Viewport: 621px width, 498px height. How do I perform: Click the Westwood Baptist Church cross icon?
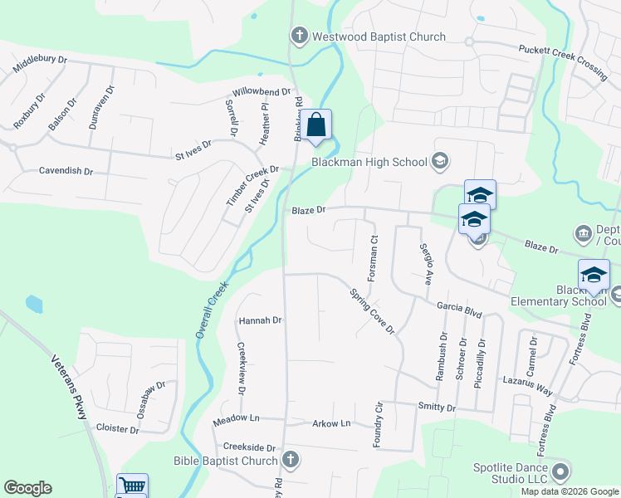click(x=299, y=37)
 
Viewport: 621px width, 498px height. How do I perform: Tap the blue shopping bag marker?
click(x=316, y=125)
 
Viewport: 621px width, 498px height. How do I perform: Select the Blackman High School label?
click(x=369, y=162)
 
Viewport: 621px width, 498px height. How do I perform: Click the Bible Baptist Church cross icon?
click(x=290, y=460)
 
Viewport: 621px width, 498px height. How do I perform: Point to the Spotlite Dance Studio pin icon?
click(x=560, y=471)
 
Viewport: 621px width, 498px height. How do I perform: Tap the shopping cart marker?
click(x=132, y=486)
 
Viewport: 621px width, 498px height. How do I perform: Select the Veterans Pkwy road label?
click(x=70, y=386)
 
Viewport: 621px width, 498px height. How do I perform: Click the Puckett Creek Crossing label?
click(x=563, y=62)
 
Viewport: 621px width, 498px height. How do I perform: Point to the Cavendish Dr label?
click(x=66, y=171)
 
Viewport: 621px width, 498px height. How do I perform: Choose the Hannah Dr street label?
click(x=261, y=320)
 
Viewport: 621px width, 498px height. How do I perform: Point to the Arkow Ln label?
click(x=331, y=424)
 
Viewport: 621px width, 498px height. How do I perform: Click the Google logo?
click(x=27, y=488)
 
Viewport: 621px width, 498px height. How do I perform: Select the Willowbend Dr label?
click(x=262, y=92)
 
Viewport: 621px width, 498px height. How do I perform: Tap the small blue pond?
click(x=34, y=304)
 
